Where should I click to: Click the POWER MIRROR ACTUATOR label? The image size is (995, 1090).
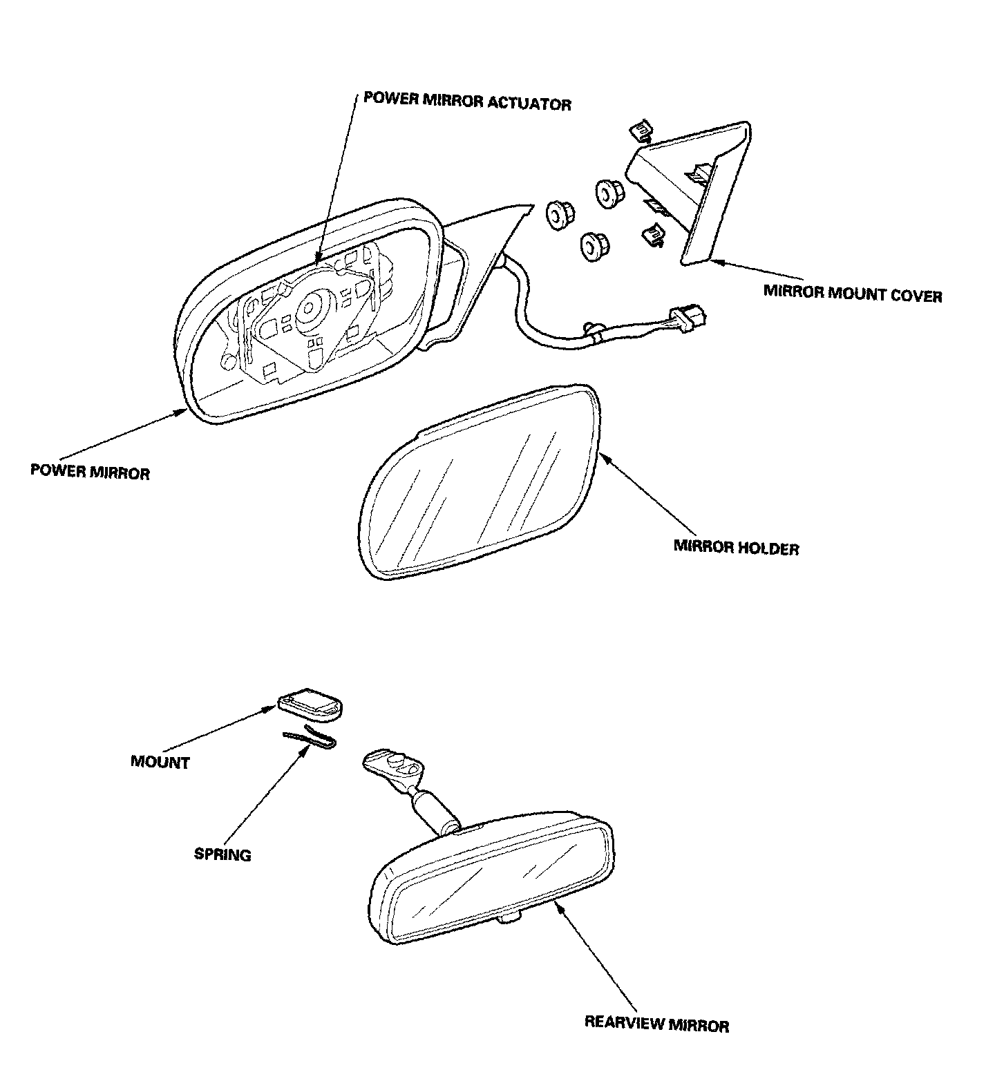pos(467,103)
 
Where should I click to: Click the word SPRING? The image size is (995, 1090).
pos(222,854)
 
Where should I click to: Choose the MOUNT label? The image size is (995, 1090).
pos(160,763)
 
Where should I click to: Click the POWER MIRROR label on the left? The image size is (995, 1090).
pos(90,472)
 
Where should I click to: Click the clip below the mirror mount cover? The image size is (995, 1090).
pos(652,236)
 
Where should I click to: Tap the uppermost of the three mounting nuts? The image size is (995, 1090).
pos(607,191)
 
